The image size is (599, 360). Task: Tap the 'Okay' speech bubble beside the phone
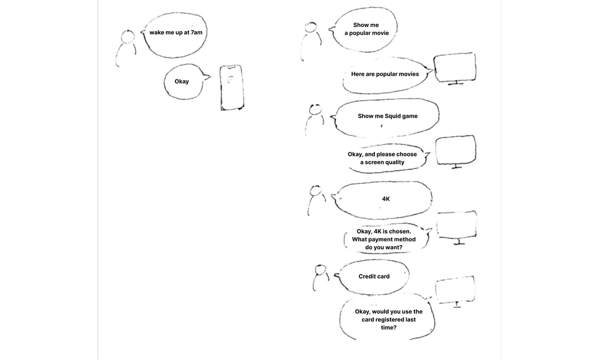point(182,81)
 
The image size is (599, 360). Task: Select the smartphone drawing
point(231,87)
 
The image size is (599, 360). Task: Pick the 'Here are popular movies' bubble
point(385,74)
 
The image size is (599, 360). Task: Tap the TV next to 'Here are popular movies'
point(455,68)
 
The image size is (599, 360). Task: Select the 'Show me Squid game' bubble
point(388,116)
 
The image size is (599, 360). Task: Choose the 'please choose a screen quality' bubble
point(382,158)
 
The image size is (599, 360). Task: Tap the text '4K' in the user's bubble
point(386,198)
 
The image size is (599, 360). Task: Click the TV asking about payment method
point(457,226)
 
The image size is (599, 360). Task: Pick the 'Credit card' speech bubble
point(374,276)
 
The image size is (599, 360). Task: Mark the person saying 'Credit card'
point(320,277)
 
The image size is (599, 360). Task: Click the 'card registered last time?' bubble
point(388,319)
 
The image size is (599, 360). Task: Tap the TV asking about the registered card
point(456,292)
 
